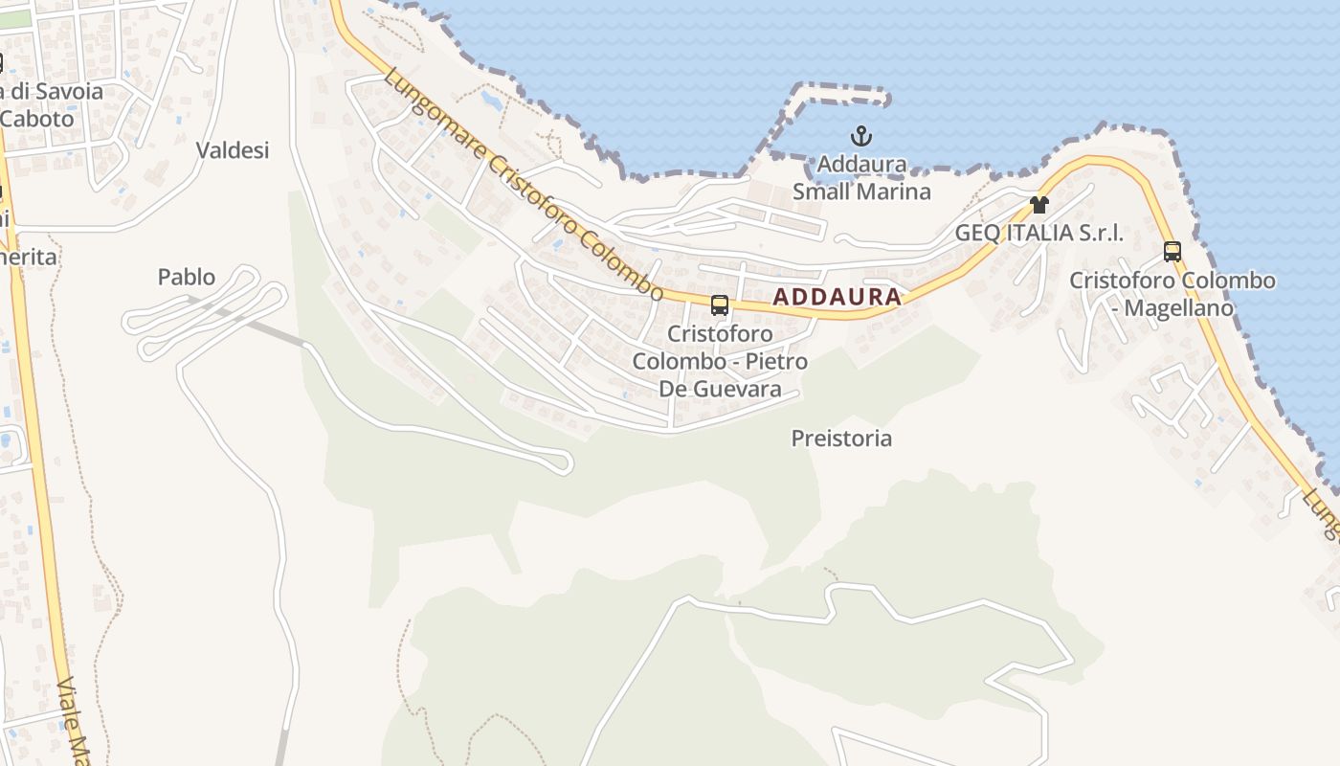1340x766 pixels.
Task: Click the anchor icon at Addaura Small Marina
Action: pos(861,135)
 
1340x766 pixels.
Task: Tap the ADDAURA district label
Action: pos(837,297)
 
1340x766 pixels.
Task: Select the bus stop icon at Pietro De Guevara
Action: pos(720,305)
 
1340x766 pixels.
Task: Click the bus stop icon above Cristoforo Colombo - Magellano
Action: pos(1172,252)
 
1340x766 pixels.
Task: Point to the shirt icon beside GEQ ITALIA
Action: pos(1039,204)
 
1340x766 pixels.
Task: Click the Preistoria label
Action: pos(841,439)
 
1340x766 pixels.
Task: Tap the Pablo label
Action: pos(187,278)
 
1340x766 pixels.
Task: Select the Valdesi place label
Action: pos(233,150)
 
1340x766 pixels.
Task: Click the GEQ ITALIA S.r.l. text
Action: pos(1038,233)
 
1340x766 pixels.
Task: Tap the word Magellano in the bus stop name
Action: pos(1178,308)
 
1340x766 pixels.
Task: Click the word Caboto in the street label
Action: pos(38,119)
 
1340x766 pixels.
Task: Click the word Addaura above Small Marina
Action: pos(861,165)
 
